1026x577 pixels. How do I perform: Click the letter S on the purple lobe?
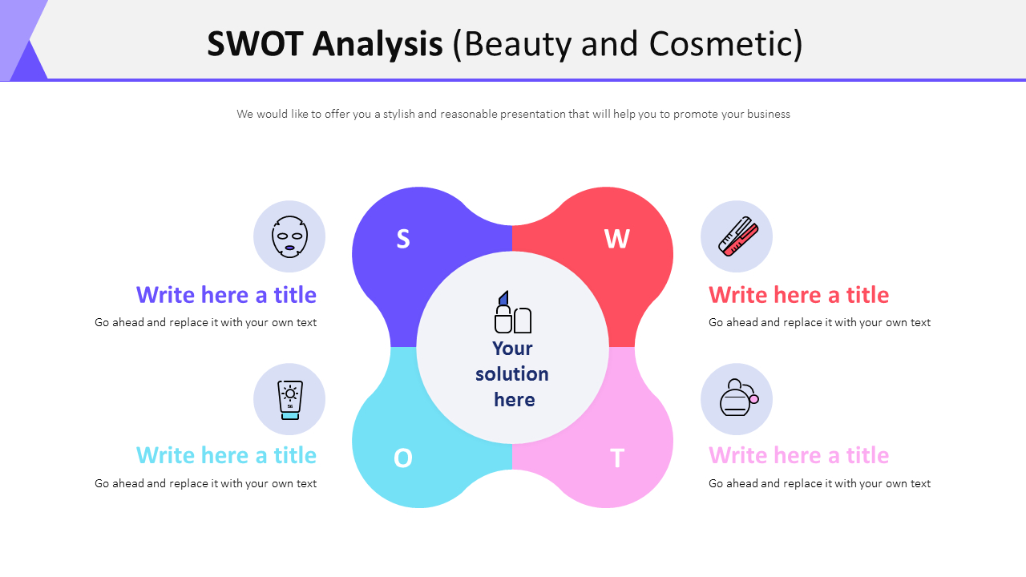coord(403,239)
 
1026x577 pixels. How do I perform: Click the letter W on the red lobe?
coord(616,239)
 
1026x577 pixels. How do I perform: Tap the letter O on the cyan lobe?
coord(402,458)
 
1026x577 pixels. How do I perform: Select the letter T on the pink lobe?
coord(616,458)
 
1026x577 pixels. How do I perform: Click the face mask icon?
coord(289,236)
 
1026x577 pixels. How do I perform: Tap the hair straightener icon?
coord(737,236)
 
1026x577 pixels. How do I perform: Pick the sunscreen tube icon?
coord(289,399)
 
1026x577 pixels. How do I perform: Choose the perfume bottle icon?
coord(737,398)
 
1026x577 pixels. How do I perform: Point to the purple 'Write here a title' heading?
coord(226,295)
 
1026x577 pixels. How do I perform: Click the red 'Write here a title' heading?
coord(798,295)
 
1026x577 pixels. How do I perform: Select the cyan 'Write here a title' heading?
coord(226,455)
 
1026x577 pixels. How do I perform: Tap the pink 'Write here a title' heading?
coord(798,455)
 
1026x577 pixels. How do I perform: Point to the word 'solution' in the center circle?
coord(511,374)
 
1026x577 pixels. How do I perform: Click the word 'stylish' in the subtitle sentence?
coord(398,114)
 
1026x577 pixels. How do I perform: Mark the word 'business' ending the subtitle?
coord(768,114)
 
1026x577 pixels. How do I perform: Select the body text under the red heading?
coord(819,323)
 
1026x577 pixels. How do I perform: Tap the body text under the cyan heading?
coord(205,483)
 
